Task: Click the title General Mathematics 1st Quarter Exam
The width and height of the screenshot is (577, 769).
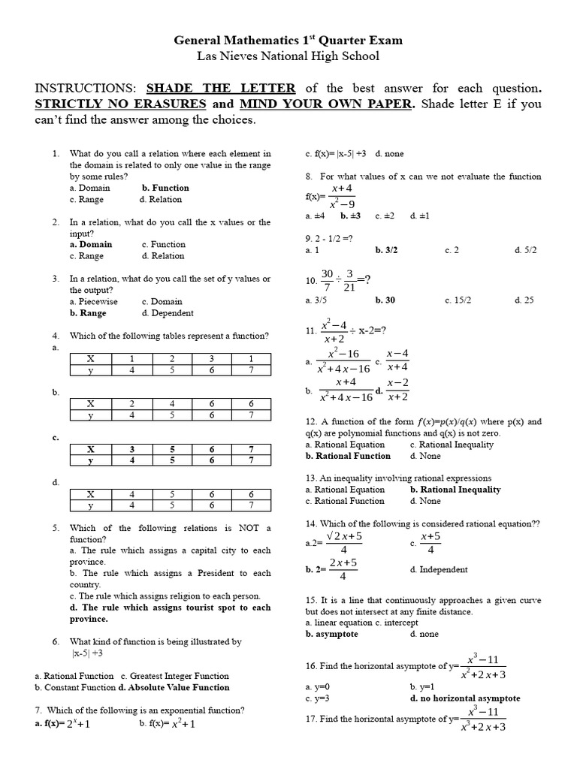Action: click(288, 40)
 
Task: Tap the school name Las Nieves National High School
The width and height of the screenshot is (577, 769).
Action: click(288, 56)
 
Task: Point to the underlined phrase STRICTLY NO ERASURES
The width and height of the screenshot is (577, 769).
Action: click(120, 104)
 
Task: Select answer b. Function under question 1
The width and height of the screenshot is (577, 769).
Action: click(165, 188)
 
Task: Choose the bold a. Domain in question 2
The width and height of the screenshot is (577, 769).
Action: click(91, 244)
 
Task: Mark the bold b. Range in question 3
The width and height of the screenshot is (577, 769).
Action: click(88, 313)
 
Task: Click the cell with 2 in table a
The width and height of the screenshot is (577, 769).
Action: click(172, 359)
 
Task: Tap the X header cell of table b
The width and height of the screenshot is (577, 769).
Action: click(90, 403)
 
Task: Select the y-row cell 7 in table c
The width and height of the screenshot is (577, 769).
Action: click(250, 460)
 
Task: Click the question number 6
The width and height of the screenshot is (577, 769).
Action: click(56, 642)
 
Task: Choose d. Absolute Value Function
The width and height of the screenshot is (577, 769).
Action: click(174, 687)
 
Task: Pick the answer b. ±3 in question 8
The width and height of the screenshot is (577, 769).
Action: click(350, 216)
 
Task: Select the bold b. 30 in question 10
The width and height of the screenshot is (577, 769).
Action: click(385, 300)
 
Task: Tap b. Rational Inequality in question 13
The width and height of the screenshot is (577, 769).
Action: click(455, 490)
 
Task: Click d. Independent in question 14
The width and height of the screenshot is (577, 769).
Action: click(439, 569)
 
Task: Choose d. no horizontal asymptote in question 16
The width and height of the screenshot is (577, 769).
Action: click(464, 698)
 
